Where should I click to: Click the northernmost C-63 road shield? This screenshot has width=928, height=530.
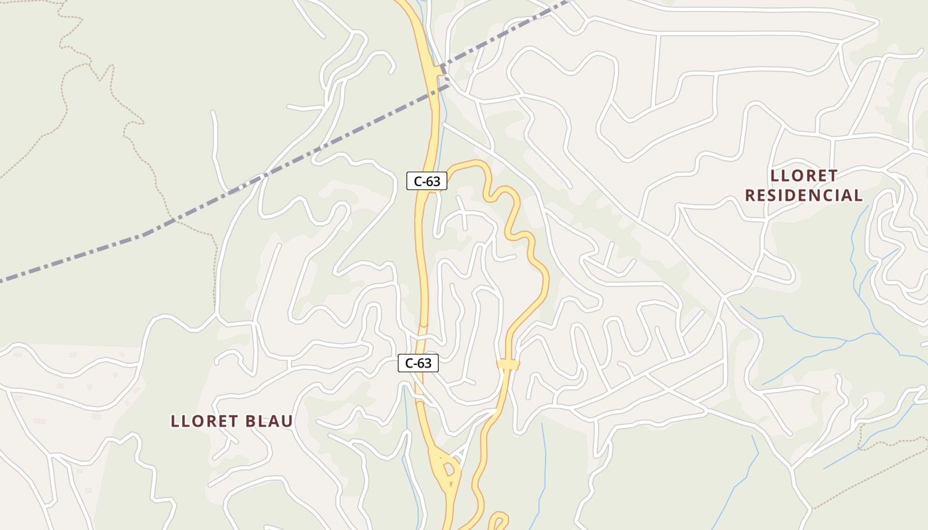pos(427,180)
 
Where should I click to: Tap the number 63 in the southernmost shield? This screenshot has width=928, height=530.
pos(424,363)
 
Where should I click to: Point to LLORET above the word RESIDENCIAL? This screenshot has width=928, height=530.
pos(804,176)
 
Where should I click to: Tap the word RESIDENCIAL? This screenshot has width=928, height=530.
pos(804,195)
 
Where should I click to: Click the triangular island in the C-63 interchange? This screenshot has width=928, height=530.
pos(449,469)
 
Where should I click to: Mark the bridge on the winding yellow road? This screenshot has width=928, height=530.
pos(508,364)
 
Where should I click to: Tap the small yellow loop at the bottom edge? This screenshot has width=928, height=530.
pos(498,520)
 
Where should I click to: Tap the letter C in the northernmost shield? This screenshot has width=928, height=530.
pos(418,180)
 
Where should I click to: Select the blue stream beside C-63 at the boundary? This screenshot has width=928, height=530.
pos(440,99)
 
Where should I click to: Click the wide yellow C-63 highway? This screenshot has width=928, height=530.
pos(420,265)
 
